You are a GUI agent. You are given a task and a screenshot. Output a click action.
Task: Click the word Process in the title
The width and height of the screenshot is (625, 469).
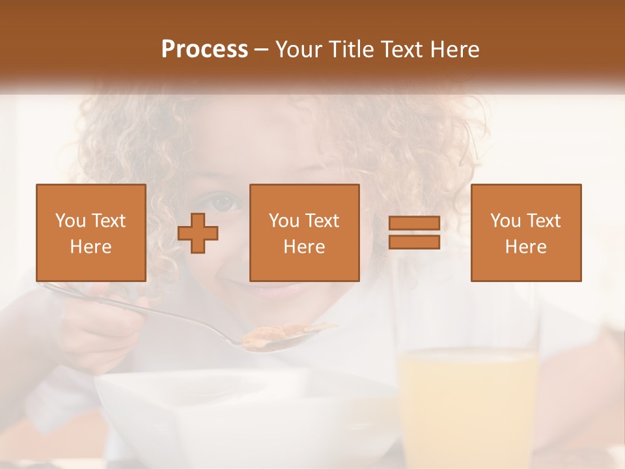tap(204, 50)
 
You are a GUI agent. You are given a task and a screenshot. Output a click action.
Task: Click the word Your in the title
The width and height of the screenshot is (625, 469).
tap(299, 50)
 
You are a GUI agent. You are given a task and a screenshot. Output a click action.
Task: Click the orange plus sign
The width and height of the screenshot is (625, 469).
tap(198, 233)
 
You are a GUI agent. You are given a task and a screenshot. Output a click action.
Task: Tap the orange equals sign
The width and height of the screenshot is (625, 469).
tap(414, 233)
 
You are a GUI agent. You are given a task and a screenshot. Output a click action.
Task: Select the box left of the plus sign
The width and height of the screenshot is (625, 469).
tap(91, 233)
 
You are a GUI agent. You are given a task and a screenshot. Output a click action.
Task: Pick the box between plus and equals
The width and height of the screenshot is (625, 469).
tap(305, 233)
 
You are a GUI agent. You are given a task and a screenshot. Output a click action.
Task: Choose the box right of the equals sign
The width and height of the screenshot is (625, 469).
tap(526, 233)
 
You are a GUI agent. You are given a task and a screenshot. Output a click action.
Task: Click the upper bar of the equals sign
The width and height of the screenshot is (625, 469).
tap(414, 224)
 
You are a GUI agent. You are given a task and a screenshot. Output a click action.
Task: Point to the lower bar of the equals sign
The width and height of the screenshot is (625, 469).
tap(414, 242)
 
